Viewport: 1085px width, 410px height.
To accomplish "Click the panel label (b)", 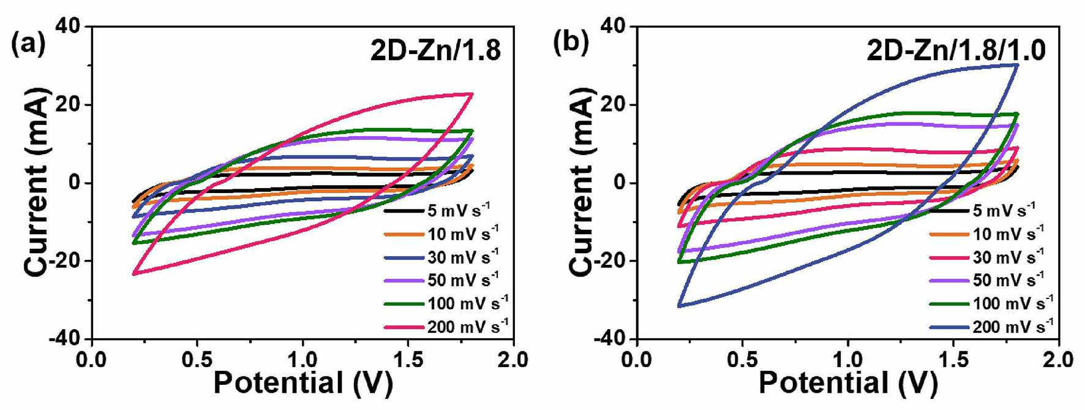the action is click(x=571, y=43).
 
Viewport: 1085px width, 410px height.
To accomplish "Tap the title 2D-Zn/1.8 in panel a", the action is click(x=435, y=50).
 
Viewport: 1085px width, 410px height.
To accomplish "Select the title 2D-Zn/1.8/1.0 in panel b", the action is click(x=956, y=50).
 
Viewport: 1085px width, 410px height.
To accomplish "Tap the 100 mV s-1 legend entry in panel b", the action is click(x=991, y=303).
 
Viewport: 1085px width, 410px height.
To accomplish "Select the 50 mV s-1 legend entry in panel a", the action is click(x=441, y=280).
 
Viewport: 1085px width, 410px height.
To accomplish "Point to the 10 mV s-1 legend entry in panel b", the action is click(x=987, y=233).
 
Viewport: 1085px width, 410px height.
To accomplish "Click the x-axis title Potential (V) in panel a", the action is click(x=303, y=384).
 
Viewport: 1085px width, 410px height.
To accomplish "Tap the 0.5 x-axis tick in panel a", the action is click(x=197, y=359).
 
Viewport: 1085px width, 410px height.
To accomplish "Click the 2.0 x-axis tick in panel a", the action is click(x=513, y=359).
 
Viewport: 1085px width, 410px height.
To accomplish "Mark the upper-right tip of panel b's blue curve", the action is click(x=1018, y=64).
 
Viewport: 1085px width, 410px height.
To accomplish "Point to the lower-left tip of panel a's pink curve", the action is click(x=133, y=274).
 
